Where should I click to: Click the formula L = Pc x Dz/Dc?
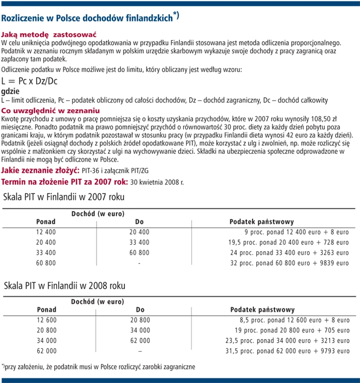coord(29,81)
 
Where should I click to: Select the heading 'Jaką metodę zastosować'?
coord(50,34)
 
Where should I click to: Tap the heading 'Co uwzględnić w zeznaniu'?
coord(51,111)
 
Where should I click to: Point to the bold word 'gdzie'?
coord(11,91)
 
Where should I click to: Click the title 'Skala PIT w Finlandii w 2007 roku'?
coord(64,197)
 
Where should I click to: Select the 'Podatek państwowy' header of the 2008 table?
coord(262,310)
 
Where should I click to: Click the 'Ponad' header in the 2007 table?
coord(46,221)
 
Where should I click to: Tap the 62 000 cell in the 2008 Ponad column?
coord(46,351)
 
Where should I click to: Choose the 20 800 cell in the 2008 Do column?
coord(140,320)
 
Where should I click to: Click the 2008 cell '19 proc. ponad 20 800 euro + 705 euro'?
coord(292,331)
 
